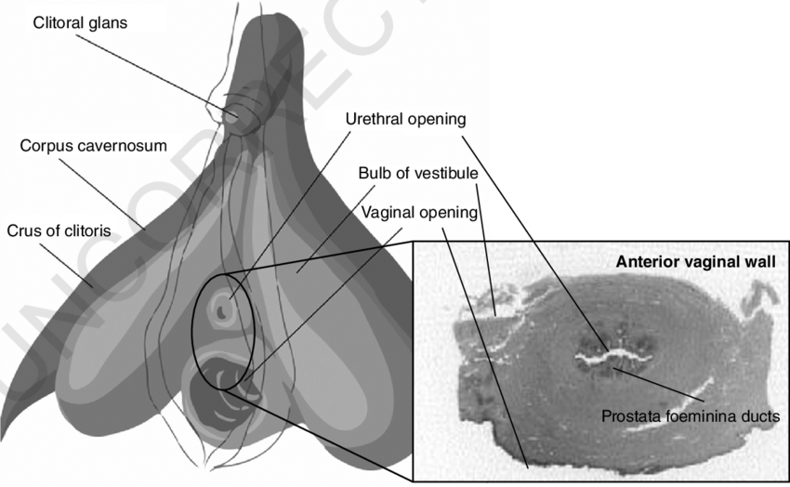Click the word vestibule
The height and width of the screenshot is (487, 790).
pyautogui.click(x=445, y=174)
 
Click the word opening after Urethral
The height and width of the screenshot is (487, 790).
pyautogui.click(x=436, y=120)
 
